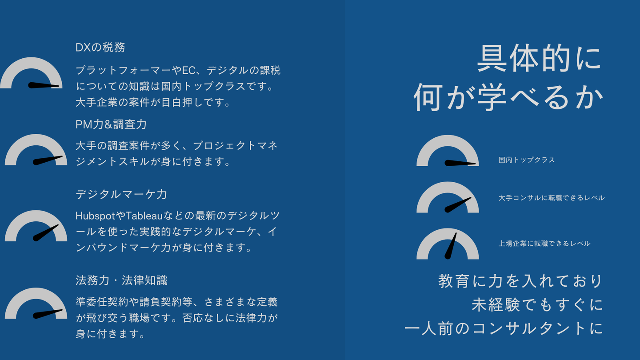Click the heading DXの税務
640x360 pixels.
click(100, 48)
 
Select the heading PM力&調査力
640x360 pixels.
click(111, 124)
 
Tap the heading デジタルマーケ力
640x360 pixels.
click(121, 195)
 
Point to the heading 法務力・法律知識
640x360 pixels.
click(122, 280)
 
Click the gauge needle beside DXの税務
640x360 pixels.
click(44, 85)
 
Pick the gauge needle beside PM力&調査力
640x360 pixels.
click(48, 160)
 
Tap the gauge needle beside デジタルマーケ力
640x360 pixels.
click(46, 233)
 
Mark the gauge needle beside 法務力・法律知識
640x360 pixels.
click(48, 314)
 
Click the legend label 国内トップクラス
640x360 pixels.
click(527, 160)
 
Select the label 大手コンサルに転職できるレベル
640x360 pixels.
click(552, 198)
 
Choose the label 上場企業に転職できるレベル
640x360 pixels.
click(544, 244)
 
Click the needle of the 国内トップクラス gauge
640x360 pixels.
click(460, 163)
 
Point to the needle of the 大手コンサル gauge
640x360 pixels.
click(458, 205)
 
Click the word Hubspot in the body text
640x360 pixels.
click(95, 216)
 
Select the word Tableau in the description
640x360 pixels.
click(144, 216)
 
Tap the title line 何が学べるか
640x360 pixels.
click(508, 97)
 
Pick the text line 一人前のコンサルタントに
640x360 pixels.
click(504, 328)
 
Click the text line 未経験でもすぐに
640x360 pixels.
click(537, 304)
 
